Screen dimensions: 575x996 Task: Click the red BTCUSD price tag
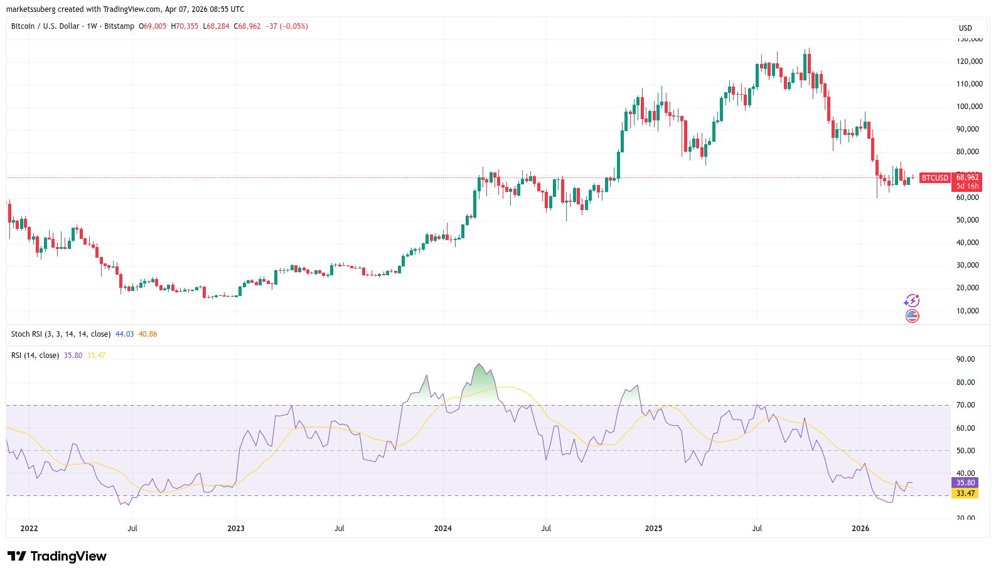click(934, 178)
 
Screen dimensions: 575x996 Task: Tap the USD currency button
click(965, 28)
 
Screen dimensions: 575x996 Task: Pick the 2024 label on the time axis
click(442, 529)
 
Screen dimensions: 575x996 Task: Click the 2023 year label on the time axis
click(236, 529)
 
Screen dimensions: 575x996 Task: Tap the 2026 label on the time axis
click(860, 529)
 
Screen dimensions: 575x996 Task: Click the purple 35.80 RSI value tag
click(965, 483)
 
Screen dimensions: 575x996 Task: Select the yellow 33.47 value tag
click(965, 493)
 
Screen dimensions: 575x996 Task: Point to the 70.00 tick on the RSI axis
click(965, 405)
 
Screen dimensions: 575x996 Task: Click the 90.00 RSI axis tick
click(965, 359)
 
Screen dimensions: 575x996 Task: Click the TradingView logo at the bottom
click(57, 556)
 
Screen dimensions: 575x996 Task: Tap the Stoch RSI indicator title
click(60, 334)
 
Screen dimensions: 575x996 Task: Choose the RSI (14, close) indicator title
click(35, 356)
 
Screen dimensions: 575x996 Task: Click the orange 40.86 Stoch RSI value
click(147, 334)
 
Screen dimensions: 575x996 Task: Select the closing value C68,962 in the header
click(247, 26)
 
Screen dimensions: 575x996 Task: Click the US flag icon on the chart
click(912, 316)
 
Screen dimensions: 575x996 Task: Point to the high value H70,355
click(185, 26)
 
